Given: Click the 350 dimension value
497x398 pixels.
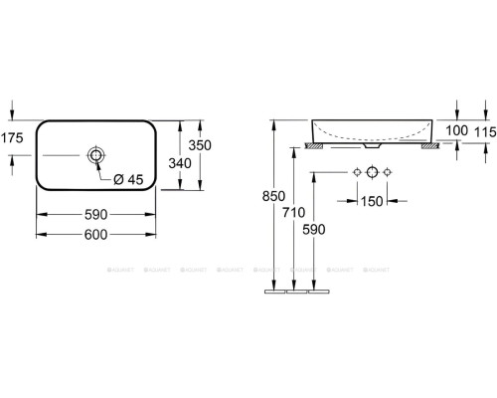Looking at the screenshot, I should [x=203, y=145].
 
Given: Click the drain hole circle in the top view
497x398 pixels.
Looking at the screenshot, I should [x=96, y=155].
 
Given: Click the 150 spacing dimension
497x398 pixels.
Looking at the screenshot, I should [x=373, y=203].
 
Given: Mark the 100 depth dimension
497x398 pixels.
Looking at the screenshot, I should [x=457, y=130].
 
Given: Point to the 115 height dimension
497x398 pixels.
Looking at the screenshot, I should [x=484, y=130].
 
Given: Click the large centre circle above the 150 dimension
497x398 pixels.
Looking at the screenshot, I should [x=373, y=173].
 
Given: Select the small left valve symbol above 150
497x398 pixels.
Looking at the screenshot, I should [x=356, y=173].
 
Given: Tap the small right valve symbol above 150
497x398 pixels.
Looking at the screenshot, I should [x=390, y=173].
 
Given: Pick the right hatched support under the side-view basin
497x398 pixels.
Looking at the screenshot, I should [x=429, y=146].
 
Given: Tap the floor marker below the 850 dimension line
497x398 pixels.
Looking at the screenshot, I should [x=275, y=294].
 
